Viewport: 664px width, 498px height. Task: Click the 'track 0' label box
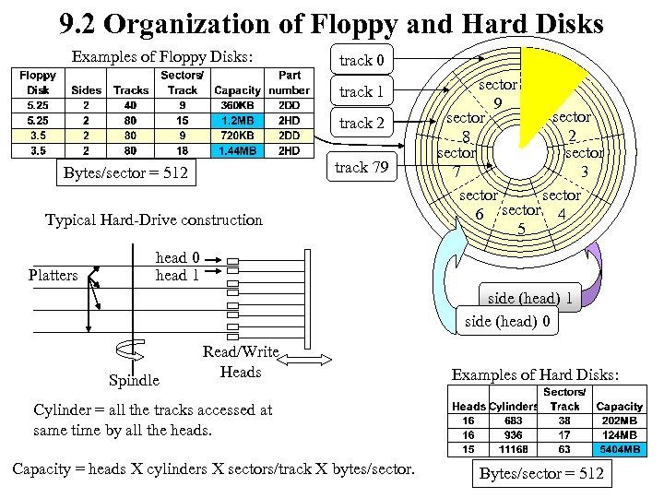355,61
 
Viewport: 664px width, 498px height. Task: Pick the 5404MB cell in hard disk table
620,449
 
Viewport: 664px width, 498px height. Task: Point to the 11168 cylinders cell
513,449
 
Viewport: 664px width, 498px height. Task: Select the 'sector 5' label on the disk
522,219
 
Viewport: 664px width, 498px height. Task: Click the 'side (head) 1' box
530,298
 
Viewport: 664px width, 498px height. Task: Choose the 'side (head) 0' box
508,321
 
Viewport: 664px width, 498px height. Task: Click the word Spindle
134,380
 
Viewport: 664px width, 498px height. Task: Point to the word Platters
53,275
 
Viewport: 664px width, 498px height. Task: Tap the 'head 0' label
177,258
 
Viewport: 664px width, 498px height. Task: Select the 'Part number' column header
289,83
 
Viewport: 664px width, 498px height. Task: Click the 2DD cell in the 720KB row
289,135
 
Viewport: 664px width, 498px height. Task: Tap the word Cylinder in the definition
61,410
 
